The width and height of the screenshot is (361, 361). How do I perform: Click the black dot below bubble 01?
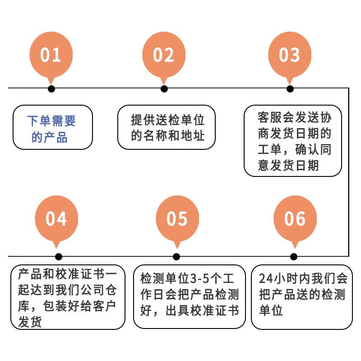[51, 88]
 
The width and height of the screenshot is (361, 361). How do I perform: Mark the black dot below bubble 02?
[164, 88]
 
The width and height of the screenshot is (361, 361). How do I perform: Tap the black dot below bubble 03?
[290, 88]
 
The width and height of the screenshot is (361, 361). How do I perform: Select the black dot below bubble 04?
[58, 257]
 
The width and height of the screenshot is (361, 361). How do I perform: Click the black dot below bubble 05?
[176, 257]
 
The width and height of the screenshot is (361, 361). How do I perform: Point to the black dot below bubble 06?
[294, 257]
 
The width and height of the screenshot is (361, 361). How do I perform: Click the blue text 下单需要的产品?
[51, 129]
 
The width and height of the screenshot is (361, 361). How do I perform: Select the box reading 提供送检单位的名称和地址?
[167, 127]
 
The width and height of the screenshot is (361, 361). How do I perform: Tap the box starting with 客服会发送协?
[293, 141]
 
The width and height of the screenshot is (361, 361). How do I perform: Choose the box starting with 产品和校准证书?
[68, 297]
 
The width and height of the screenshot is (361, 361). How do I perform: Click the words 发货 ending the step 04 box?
[30, 322]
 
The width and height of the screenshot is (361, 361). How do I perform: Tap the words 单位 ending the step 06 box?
[271, 310]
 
